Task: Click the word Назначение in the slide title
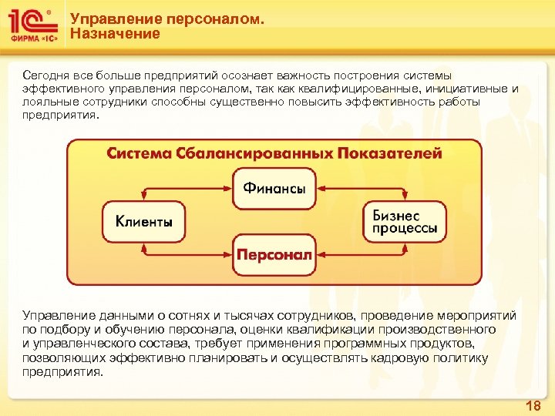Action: coord(115,34)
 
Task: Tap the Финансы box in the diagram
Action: coord(274,188)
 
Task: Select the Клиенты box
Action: coord(144,221)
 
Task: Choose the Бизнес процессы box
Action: coord(405,221)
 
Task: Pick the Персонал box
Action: coord(274,255)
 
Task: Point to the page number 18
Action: coord(532,406)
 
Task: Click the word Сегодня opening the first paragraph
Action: coord(46,75)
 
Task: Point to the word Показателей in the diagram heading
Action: coord(389,153)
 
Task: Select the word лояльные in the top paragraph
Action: coord(47,102)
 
